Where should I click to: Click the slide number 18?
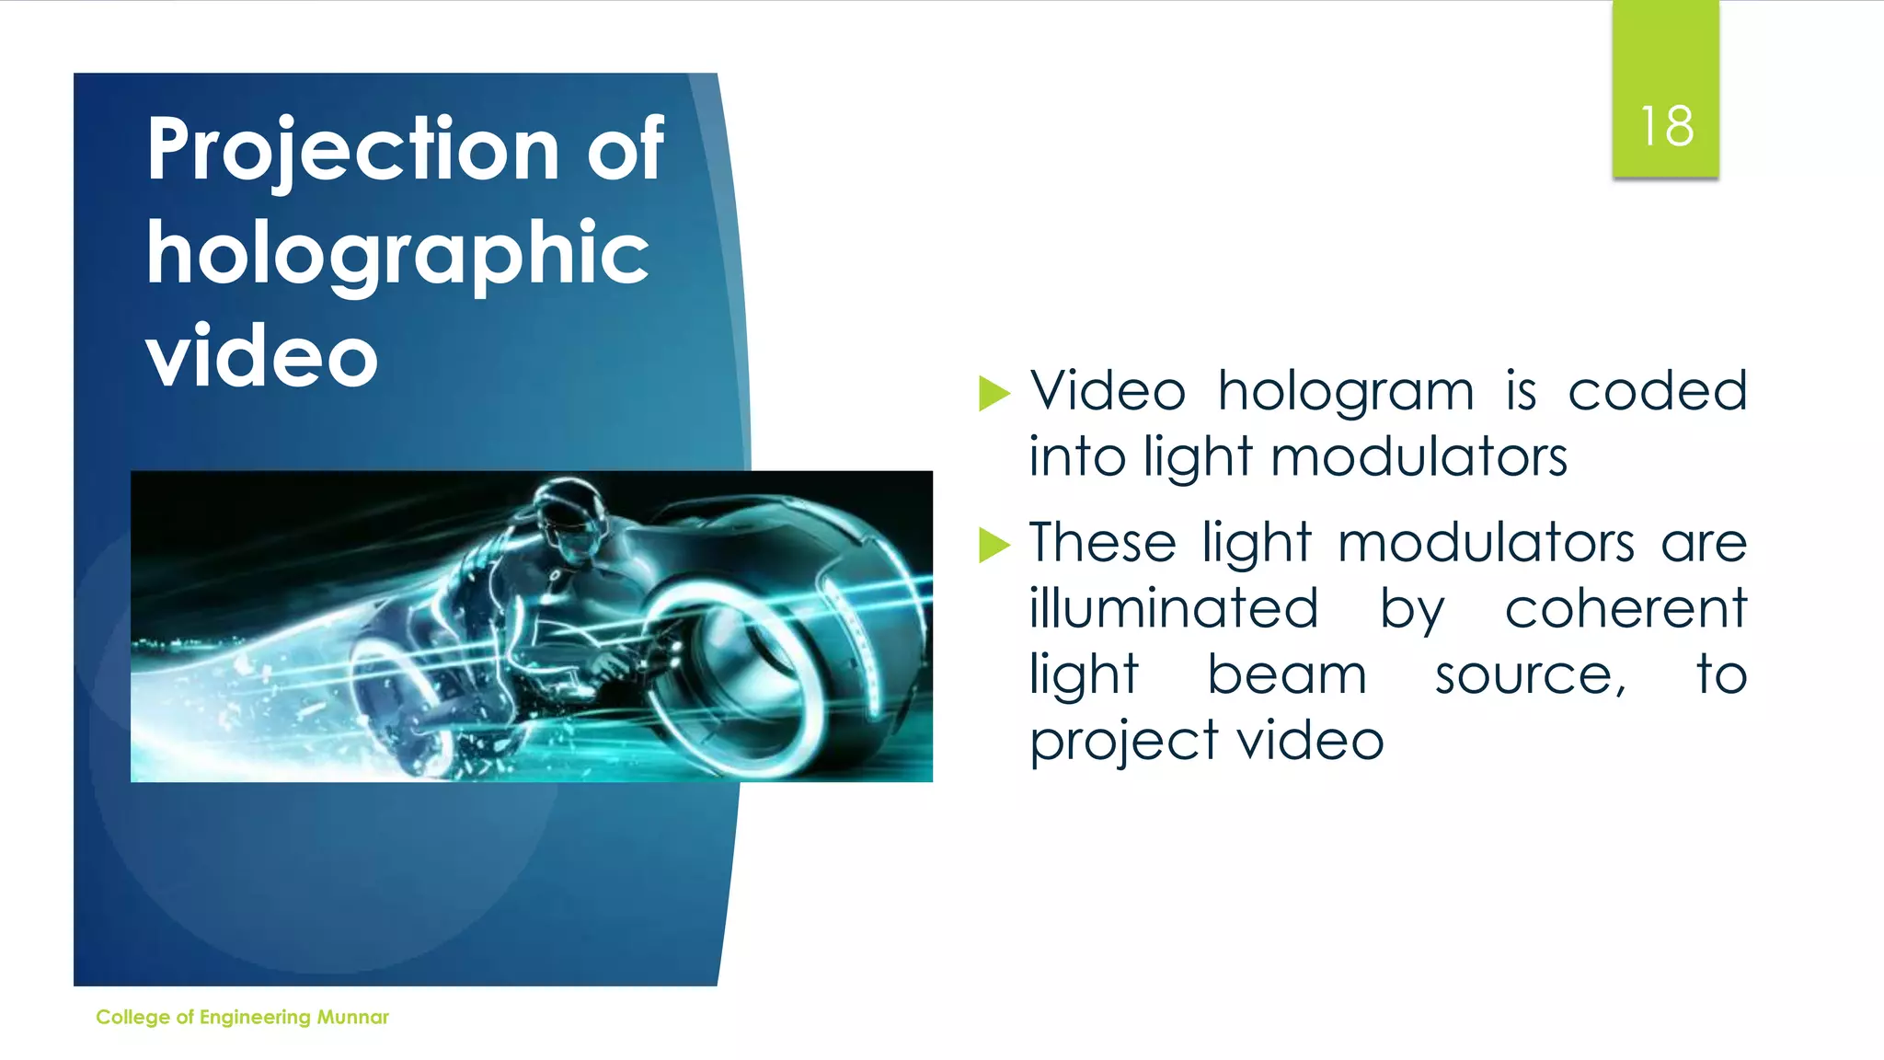pos(1666,126)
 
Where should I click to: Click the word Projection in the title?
pos(353,149)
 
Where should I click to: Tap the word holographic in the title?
pos(397,254)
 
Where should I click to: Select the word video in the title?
pos(262,357)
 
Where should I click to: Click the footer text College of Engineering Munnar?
pos(242,1017)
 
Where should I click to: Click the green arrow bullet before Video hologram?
pos(994,393)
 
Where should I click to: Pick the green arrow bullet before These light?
pos(994,544)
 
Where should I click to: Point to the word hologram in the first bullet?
pos(1346,392)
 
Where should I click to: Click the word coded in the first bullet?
pos(1657,391)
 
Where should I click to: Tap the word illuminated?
pos(1174,608)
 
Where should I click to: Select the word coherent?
pos(1626,608)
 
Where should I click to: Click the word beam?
pos(1287,674)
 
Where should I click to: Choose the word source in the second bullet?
pos(1528,676)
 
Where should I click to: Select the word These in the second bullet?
pos(1102,542)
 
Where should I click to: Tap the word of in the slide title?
pos(626,149)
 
